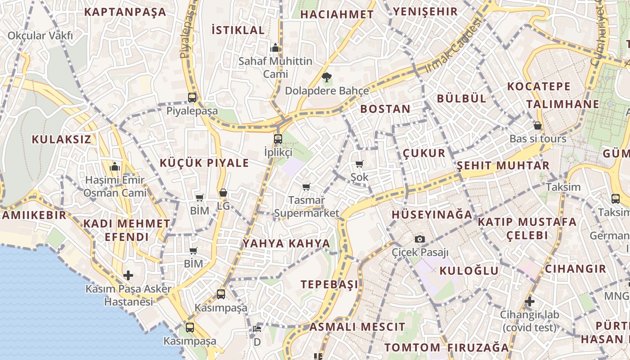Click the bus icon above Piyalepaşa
[192, 97]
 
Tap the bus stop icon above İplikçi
[278, 139]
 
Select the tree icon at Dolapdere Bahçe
[327, 77]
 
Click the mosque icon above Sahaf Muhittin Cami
[275, 47]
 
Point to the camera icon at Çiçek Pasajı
[420, 239]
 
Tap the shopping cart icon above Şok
[359, 164]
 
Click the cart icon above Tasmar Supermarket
[306, 187]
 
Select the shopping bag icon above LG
[223, 193]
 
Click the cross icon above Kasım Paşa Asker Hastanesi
[128, 275]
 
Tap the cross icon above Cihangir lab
[530, 301]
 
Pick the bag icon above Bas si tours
[537, 126]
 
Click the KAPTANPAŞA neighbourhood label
[125, 12]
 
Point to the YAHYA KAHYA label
[287, 243]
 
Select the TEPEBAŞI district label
[330, 284]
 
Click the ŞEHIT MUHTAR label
[503, 166]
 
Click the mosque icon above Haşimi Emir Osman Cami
[115, 167]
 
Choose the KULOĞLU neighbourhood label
[469, 270]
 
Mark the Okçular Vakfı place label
[40, 36]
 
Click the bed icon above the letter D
[257, 329]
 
